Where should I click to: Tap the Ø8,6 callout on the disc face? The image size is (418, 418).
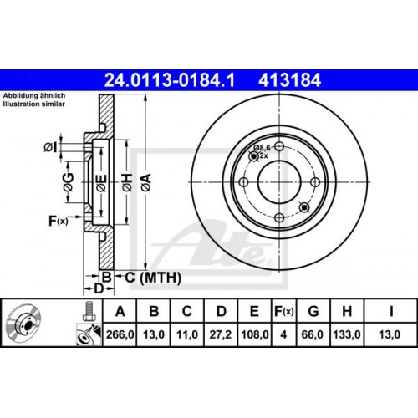click(261, 147)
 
